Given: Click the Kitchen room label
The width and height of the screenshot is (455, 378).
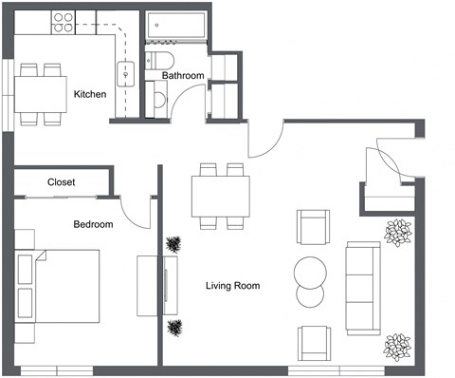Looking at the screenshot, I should coord(90,94).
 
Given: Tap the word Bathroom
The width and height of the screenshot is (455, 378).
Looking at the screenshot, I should coord(182,75).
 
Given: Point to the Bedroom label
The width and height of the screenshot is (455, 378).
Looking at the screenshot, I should coord(93,225).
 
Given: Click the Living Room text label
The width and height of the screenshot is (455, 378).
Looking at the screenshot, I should coord(232,285).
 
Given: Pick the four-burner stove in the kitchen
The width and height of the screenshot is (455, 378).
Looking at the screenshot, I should coord(64,21).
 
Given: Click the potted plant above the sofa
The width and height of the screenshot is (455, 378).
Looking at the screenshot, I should coord(398,231).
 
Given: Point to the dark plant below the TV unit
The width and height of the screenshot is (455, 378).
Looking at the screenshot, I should coord(174,330).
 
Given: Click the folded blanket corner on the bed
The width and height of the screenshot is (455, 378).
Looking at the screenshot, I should coord(39,257).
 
